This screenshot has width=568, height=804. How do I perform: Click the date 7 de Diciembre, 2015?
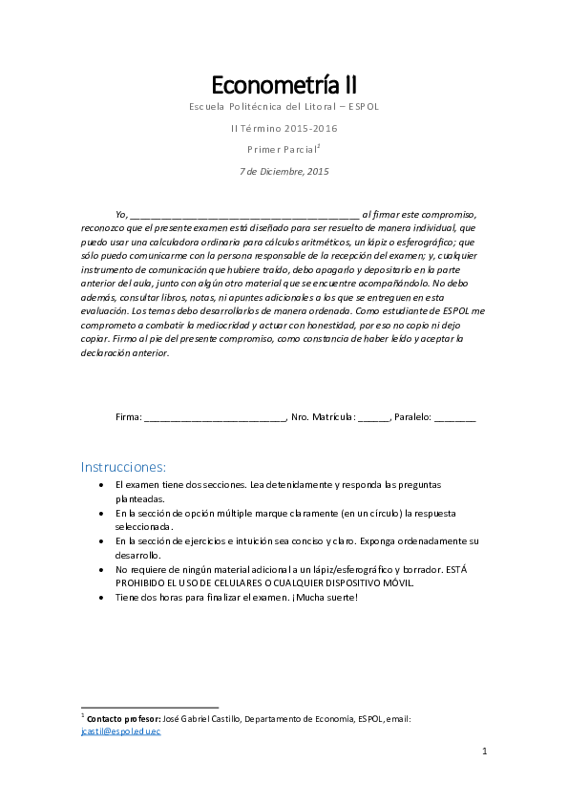pos(284,172)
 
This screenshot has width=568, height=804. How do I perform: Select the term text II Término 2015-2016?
pos(284,128)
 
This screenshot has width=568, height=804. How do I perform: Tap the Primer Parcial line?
pos(283,150)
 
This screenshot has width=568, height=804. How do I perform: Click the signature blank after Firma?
pos(215,418)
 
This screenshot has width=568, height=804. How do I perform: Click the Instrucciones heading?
pos(123,468)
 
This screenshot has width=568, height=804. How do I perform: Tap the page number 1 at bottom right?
pos(484,752)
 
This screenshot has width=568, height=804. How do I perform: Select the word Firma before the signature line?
pos(127,417)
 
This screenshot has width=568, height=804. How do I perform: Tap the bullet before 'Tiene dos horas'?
pos(102,597)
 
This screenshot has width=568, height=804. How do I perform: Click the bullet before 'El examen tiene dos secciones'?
pos(102,485)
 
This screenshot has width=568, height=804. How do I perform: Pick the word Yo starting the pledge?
pos(119,215)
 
